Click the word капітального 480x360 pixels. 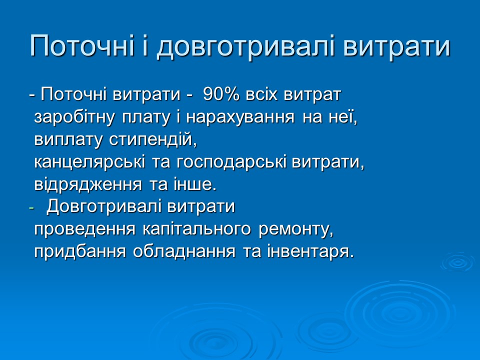point(198,229)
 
